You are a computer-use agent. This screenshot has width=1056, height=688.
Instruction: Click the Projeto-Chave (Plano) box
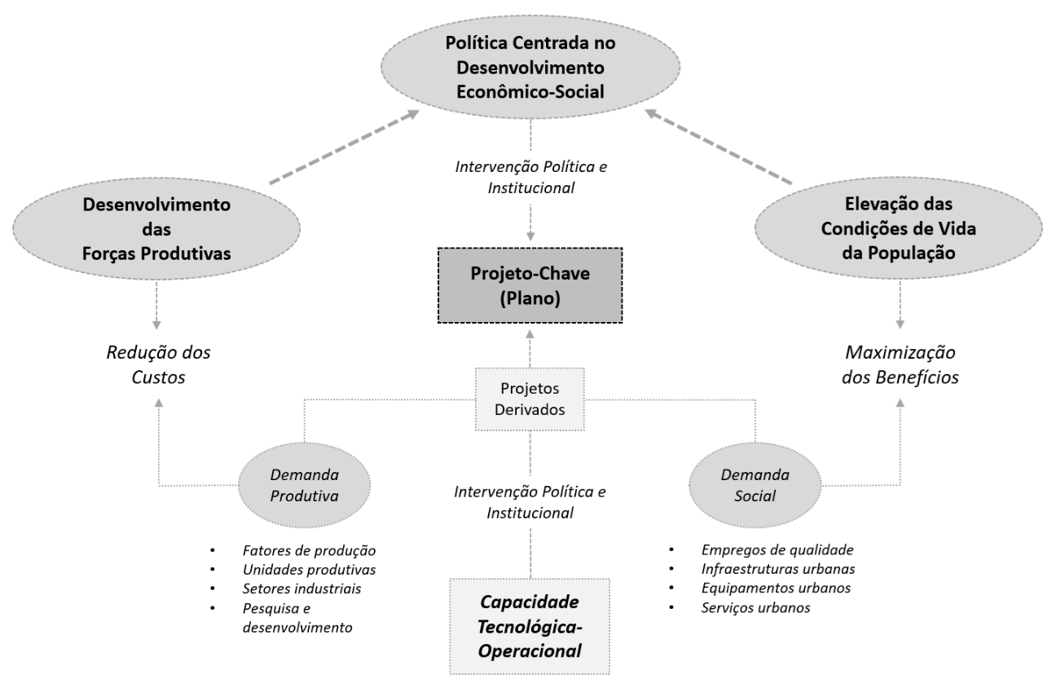pos(530,284)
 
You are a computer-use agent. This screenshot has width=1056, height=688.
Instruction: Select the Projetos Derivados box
pos(530,399)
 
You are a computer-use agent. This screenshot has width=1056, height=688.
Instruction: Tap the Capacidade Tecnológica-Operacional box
pos(530,626)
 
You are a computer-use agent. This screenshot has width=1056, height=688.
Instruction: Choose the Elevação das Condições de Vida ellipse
pos(900,228)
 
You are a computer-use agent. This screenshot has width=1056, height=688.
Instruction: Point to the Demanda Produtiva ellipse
pos(305,486)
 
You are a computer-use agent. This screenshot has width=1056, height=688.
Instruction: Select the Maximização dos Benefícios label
pos(900,365)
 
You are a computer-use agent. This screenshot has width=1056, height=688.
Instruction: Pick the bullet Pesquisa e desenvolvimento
pos(297,618)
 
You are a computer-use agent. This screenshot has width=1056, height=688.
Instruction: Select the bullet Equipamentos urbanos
pos(763,588)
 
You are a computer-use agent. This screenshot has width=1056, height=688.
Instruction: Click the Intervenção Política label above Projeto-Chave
pos(530,175)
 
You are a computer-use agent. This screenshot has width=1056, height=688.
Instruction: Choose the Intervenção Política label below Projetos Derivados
pos(530,502)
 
